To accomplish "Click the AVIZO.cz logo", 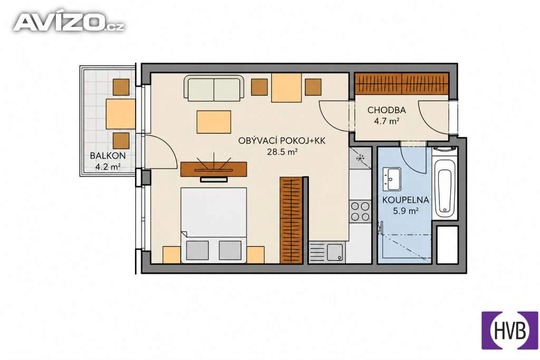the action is click(69, 23).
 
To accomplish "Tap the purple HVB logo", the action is click(510, 330).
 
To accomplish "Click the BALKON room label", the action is click(108, 155).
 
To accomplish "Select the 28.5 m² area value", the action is click(282, 152).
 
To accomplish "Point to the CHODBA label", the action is click(387, 110).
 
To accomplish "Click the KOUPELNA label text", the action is click(406, 200).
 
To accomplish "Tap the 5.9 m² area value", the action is click(406, 211).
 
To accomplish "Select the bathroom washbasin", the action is click(392, 179).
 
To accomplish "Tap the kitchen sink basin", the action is click(335, 254).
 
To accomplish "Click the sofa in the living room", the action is click(214, 88).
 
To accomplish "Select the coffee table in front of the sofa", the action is click(214, 122).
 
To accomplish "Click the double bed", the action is click(214, 225).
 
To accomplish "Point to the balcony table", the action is click(121, 114).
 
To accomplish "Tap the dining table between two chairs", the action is click(286, 87).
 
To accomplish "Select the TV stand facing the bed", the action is click(214, 169).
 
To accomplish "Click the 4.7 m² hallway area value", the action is click(387, 121).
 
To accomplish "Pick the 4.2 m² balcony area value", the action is click(108, 167).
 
